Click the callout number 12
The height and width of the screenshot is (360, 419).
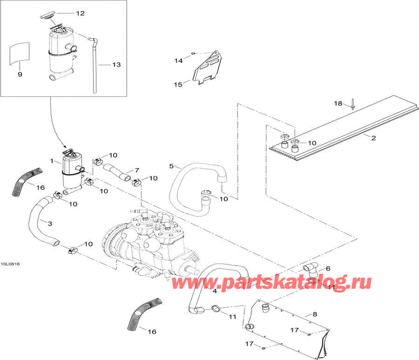pos(80,14)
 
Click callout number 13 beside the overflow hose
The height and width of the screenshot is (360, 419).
pos(116,65)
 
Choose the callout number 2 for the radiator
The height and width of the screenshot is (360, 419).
pos(373,137)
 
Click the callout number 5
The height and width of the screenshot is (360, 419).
pos(171,166)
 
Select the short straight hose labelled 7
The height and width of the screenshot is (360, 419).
pos(115,169)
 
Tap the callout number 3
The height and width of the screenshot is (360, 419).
pos(49,224)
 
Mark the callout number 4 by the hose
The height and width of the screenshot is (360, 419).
pos(215,291)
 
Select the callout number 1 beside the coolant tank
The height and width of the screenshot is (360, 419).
pos(52,161)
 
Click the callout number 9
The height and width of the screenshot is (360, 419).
pos(20,74)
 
